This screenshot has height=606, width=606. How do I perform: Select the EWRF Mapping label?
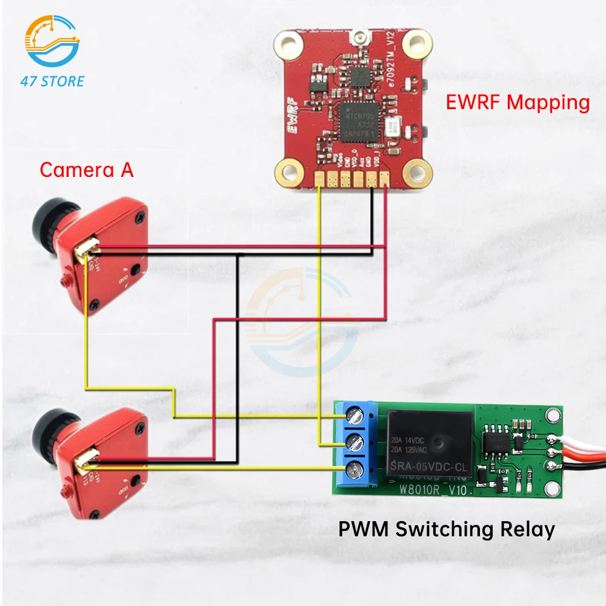(518, 102)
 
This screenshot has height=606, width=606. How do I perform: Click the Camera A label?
(87, 170)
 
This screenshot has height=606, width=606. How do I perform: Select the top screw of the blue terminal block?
(353, 416)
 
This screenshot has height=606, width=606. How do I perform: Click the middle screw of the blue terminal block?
(353, 443)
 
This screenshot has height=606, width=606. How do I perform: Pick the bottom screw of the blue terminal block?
(353, 470)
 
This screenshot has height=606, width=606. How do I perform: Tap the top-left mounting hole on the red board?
(287, 43)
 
